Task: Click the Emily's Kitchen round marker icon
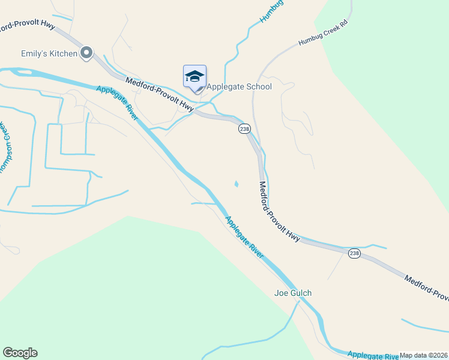86,53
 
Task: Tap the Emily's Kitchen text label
49,54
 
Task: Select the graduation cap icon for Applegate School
194,77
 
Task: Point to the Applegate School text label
239,86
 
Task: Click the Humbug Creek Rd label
324,35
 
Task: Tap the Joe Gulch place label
293,293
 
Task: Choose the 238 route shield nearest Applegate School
244,129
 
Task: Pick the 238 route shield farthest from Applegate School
354,254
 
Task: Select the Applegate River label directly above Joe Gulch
244,237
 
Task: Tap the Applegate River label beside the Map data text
373,355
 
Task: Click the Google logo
20,353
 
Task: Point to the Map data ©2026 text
424,355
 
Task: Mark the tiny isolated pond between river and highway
236,184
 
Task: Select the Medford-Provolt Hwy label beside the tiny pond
279,211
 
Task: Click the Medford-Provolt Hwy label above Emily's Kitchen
28,27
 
